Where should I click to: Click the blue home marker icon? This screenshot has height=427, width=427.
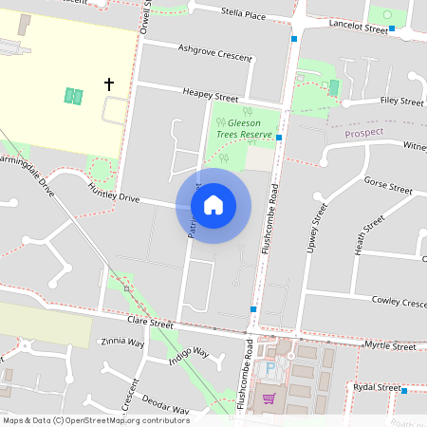[213, 205]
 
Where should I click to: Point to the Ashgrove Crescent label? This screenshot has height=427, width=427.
[215, 51]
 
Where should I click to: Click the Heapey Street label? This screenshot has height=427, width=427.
[211, 96]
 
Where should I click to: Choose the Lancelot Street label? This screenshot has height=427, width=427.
[358, 27]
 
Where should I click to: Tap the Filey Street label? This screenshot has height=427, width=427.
[401, 101]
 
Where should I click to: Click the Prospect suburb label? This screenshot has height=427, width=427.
[363, 133]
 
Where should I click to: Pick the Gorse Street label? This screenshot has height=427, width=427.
[388, 185]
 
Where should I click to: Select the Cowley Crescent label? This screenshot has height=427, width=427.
[399, 302]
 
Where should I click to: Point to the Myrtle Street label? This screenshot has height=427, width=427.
[390, 347]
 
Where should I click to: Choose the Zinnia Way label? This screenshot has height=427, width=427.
[122, 342]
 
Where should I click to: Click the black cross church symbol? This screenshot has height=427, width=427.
[108, 84]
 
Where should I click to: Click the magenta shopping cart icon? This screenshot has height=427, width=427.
[269, 399]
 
